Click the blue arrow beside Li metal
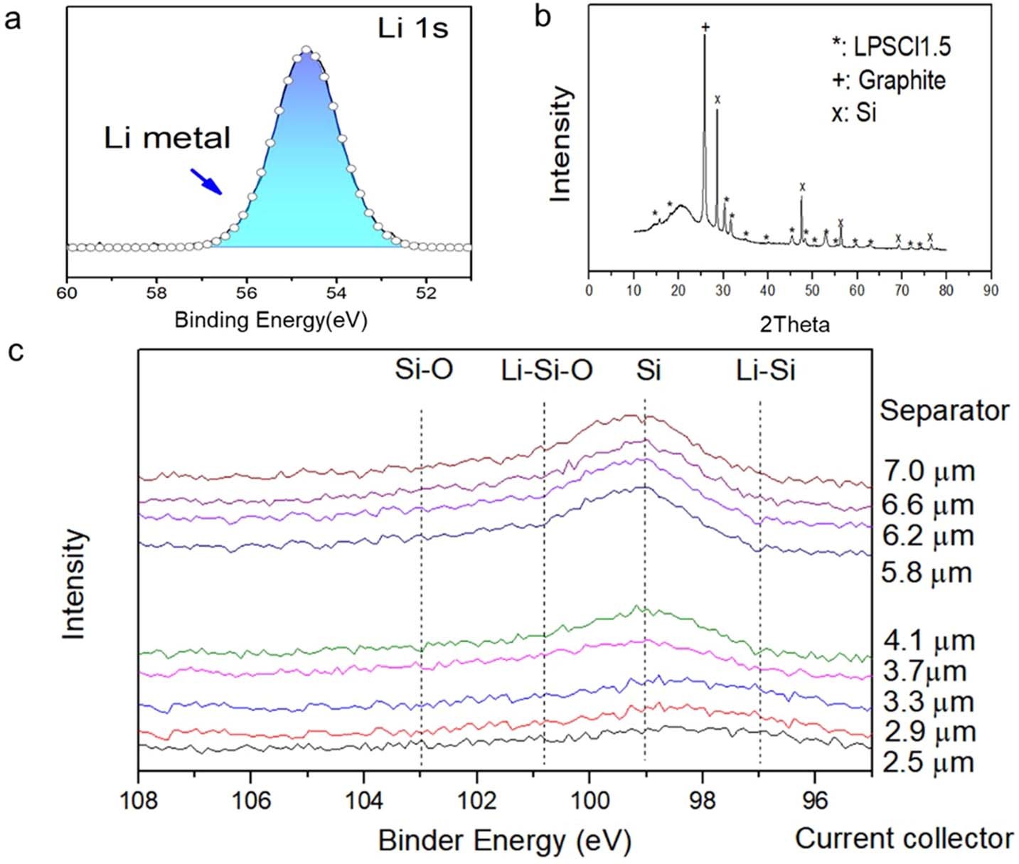206,181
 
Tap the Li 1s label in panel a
412,29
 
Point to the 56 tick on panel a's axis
246,292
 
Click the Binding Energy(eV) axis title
271,320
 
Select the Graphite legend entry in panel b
889,80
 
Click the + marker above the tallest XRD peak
705,28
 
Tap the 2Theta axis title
794,325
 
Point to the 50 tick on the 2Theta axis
812,290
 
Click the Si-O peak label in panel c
424,370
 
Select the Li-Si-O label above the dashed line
546,370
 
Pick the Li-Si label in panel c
765,370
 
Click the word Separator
944,410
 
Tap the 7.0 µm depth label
929,471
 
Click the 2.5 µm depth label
928,762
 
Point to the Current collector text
904,838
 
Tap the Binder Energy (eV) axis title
504,841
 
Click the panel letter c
15,351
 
